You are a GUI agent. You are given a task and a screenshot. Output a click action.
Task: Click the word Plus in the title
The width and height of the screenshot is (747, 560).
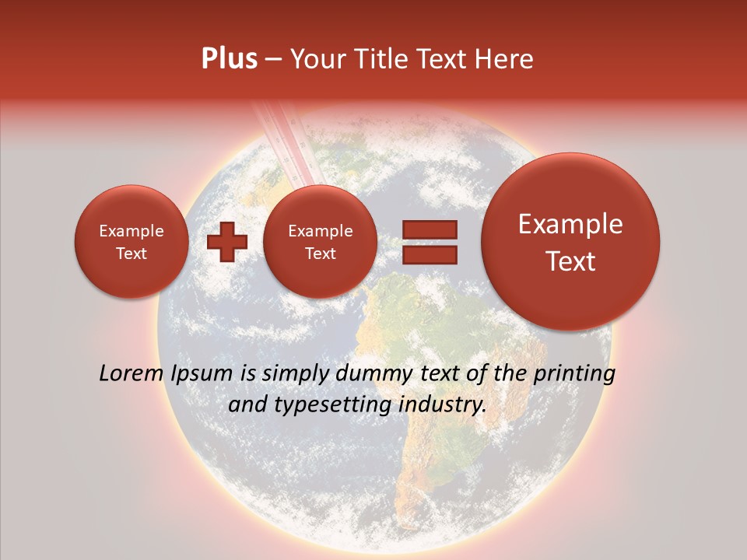tap(229, 59)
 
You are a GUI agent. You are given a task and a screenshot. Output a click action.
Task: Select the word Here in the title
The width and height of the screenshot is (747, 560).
tap(505, 59)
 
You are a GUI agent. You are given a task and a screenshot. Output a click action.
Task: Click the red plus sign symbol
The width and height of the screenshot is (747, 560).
tap(227, 242)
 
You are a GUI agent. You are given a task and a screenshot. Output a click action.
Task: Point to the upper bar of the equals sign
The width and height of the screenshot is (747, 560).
tap(430, 230)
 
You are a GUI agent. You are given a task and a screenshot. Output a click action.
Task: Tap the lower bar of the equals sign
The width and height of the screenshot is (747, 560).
tap(430, 254)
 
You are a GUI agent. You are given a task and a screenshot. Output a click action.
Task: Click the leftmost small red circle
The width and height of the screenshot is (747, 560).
tap(131, 242)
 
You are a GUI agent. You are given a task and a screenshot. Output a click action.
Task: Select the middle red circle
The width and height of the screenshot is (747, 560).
tap(320, 242)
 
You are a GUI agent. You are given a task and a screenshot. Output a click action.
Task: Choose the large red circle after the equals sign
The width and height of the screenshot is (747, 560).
tap(570, 242)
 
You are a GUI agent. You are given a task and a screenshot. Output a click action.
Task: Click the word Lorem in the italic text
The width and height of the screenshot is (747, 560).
tap(132, 373)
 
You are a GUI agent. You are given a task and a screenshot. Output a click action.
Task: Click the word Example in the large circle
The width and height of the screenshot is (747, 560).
tap(570, 224)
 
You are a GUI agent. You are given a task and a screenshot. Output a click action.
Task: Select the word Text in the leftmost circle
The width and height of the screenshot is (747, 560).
tap(131, 254)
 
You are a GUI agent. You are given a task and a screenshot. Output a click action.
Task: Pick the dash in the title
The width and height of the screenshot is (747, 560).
tap(273, 60)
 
